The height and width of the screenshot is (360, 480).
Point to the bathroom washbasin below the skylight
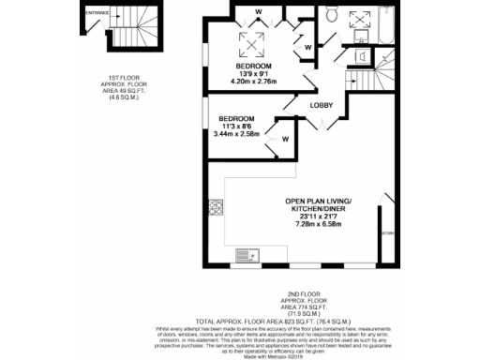362,55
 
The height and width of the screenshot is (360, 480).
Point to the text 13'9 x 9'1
254,74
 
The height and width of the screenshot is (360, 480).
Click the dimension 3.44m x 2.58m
235,134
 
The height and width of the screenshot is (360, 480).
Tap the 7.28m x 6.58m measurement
322,224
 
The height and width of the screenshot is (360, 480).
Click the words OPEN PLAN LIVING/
323,202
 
